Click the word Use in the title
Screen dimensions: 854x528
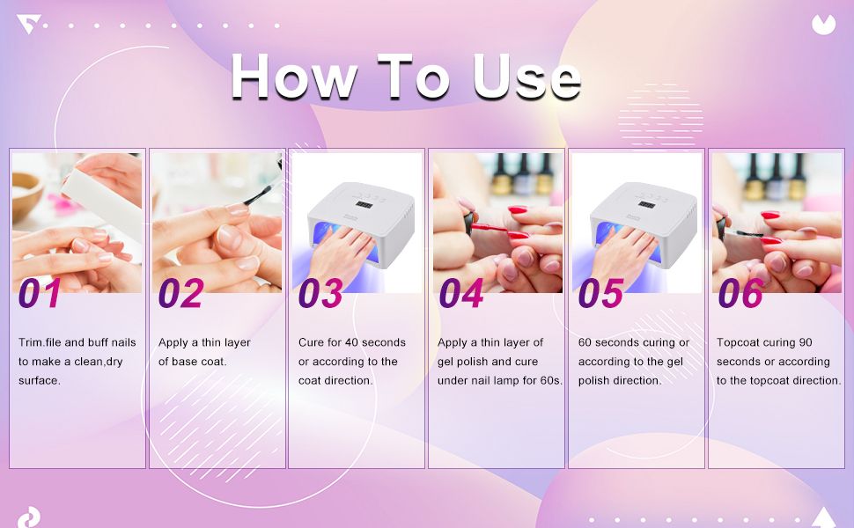point(526,77)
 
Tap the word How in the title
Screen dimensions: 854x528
point(295,77)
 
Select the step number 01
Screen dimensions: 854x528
point(40,293)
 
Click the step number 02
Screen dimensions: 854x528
point(180,293)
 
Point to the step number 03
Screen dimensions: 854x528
point(320,293)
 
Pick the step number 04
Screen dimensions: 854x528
point(461,293)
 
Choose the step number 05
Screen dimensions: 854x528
point(600,293)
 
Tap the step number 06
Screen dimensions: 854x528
point(740,293)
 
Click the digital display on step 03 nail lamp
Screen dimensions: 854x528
point(364,205)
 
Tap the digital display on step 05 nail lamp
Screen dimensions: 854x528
point(646,205)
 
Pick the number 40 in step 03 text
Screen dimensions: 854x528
point(352,342)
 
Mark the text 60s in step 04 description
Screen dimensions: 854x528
point(550,380)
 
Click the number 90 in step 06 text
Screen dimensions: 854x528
point(806,342)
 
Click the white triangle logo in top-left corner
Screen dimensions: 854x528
point(27,24)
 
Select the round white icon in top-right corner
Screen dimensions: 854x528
point(823,25)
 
